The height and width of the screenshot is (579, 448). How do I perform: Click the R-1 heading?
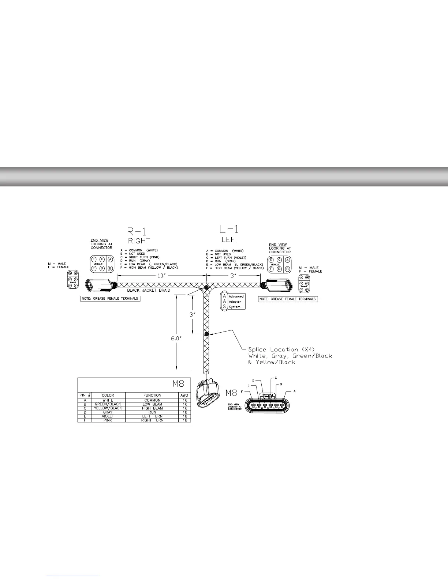pos(139,231)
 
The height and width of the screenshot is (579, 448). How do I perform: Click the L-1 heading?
pos(230,230)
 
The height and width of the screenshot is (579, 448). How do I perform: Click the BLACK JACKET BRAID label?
pos(148,290)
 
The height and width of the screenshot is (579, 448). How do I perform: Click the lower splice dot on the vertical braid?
pos(206,334)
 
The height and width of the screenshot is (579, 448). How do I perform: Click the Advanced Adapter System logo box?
pos(232,301)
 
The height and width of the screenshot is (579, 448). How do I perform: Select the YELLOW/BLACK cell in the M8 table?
pos(108,408)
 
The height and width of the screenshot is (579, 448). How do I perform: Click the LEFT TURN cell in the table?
pos(152,416)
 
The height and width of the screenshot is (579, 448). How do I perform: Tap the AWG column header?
pos(184,395)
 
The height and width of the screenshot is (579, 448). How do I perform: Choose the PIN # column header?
pos(85,395)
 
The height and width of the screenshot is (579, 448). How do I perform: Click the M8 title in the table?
pos(180,384)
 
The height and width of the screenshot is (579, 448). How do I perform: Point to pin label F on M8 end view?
pos(247,391)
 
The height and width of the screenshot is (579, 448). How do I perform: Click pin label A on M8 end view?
pos(294,391)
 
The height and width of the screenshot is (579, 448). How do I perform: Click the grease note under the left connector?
pos(110,299)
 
